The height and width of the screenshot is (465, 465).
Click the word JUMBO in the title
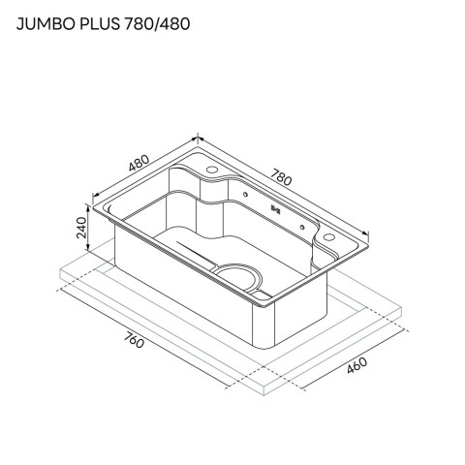[46, 24]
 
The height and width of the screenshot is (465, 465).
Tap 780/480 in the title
[157, 24]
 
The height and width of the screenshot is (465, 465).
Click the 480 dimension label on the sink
[139, 163]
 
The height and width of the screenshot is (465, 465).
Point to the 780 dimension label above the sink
[281, 177]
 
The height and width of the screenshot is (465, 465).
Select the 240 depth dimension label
[81, 228]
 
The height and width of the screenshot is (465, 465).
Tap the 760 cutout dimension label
[134, 340]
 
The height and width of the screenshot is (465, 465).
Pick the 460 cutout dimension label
[356, 365]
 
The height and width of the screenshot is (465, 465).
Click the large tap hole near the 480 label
[212, 170]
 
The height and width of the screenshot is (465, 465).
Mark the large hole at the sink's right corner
[329, 236]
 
